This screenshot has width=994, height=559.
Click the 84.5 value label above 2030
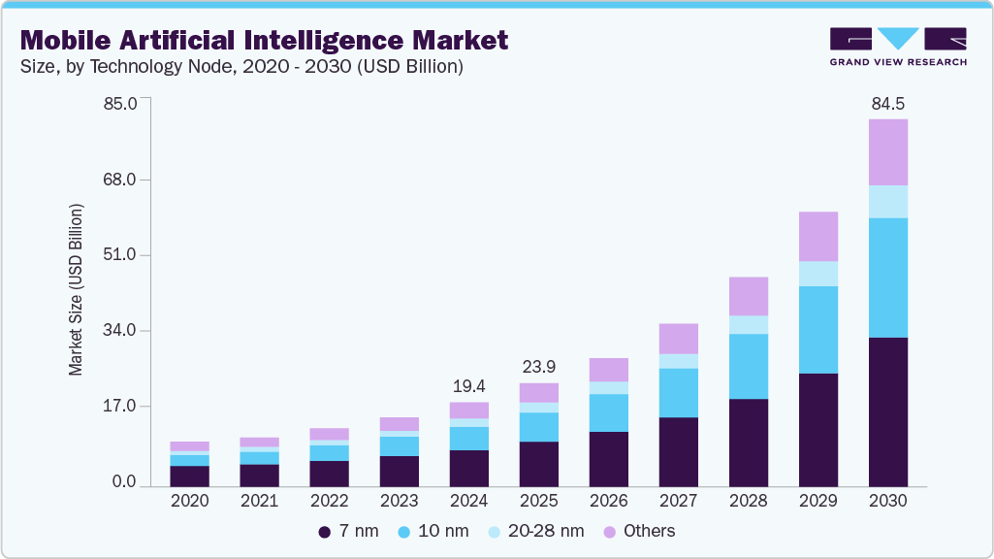(x=887, y=104)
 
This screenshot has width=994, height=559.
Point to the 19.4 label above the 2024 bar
(x=468, y=386)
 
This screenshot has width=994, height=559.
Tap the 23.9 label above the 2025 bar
(x=538, y=367)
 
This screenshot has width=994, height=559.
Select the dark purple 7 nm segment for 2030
(x=887, y=411)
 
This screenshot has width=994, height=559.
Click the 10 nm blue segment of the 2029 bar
(x=818, y=329)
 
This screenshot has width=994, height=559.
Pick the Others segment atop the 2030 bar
(x=887, y=152)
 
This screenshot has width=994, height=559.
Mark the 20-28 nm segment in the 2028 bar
(x=748, y=324)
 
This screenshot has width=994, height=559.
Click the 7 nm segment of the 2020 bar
(x=189, y=476)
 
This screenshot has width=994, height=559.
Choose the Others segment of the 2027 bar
(x=678, y=338)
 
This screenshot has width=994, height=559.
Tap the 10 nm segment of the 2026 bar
(x=608, y=412)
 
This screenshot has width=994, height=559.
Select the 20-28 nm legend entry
(x=536, y=531)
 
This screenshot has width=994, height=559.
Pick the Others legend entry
(x=639, y=531)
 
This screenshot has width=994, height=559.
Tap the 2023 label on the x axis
(x=399, y=502)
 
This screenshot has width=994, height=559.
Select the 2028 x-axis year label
(x=748, y=502)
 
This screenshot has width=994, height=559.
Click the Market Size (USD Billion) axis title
(x=76, y=290)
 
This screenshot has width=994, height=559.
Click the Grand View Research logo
(x=897, y=46)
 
